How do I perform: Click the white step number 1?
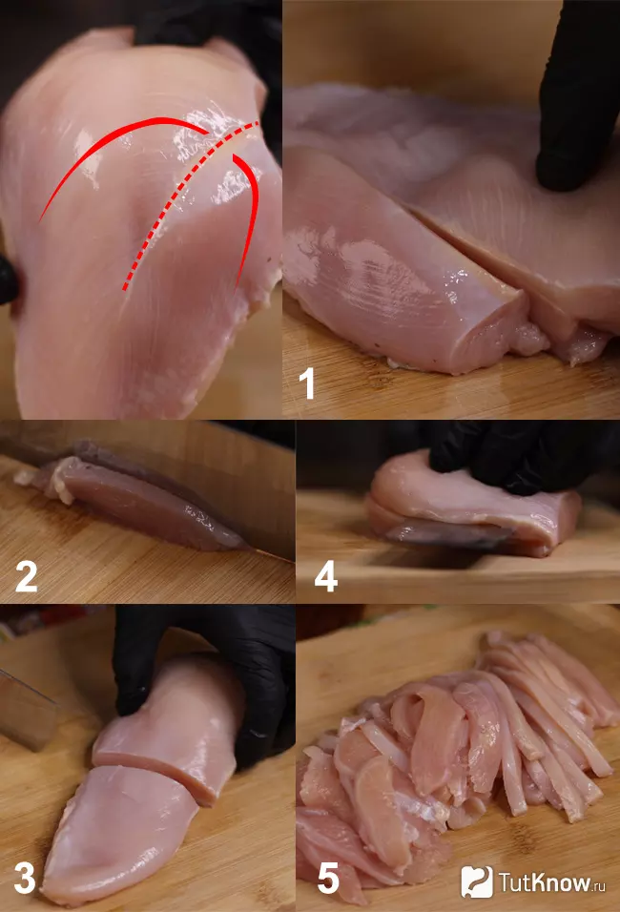tap(307, 383)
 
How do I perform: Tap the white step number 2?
tap(26, 575)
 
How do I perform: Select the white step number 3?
tap(24, 878)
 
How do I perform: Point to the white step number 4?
tap(325, 575)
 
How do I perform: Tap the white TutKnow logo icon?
tap(476, 881)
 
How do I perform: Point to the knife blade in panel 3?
tap(29, 706)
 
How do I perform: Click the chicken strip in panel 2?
tap(143, 506)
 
